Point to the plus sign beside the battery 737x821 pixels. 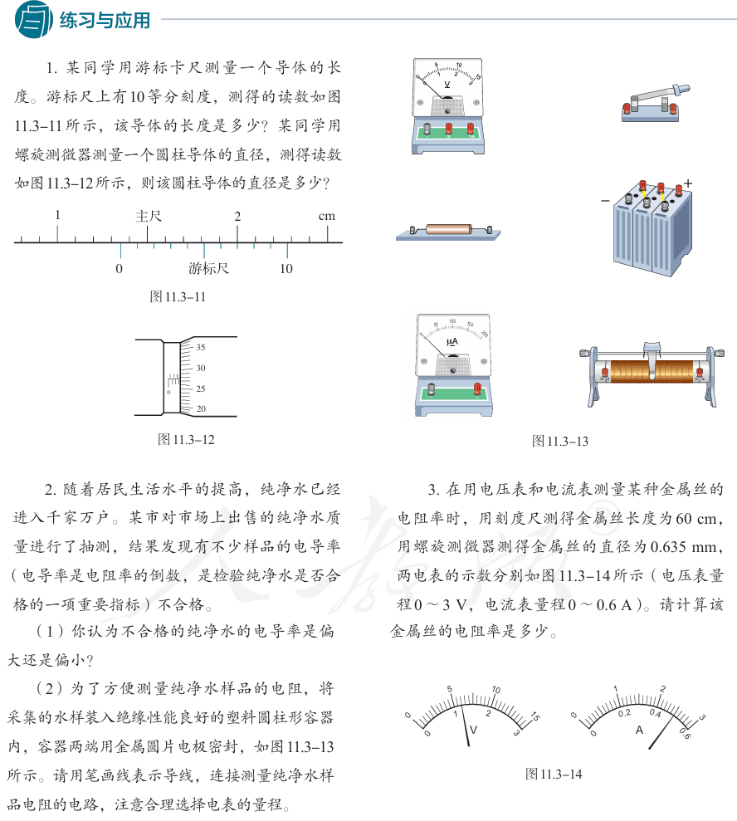[x=688, y=183]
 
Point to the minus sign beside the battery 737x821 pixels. [x=604, y=200]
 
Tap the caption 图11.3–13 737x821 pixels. [x=560, y=441]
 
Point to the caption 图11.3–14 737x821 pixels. [x=554, y=774]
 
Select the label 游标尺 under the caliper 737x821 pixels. [x=208, y=269]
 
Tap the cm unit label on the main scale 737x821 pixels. [x=327, y=216]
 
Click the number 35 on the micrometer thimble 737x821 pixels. [x=201, y=348]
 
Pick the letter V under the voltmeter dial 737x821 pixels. [x=473, y=730]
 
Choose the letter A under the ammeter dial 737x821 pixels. [x=639, y=731]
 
